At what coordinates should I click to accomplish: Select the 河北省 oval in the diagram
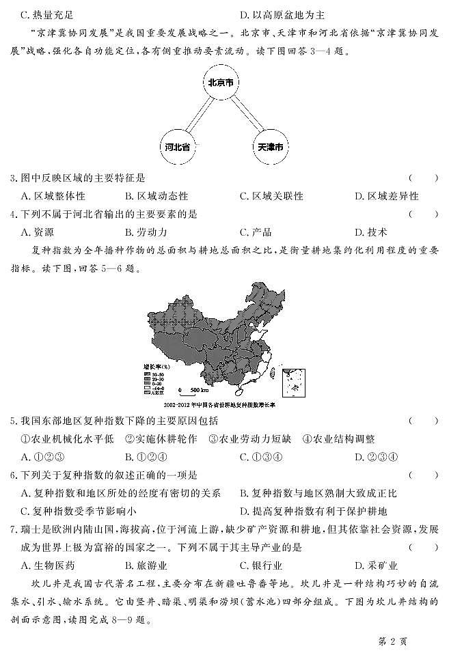point(177,147)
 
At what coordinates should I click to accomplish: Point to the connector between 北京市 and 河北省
point(198,114)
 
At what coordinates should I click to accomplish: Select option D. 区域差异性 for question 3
point(386,196)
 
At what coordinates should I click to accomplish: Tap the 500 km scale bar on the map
point(191,391)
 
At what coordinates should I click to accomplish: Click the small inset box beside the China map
point(294,380)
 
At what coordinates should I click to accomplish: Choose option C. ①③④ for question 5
point(262,458)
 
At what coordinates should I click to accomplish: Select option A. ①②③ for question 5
point(43,458)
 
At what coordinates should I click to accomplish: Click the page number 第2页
point(392,642)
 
